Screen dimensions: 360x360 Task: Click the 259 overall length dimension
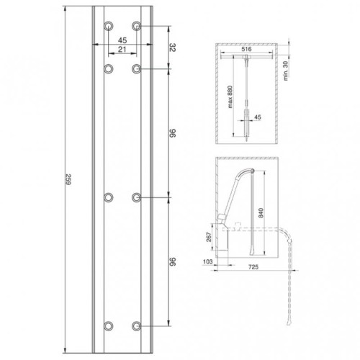[68, 179]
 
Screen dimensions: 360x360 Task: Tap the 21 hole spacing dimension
[122, 50]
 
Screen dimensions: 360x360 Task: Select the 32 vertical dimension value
[173, 48]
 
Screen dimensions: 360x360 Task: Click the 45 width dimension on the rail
[122, 40]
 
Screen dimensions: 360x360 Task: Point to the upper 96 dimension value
[173, 133]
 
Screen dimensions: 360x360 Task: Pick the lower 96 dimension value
[173, 261]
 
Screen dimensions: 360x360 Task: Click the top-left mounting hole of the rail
[109, 26]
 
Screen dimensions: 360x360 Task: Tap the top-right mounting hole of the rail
[137, 26]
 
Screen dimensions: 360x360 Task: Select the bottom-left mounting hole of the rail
[109, 326]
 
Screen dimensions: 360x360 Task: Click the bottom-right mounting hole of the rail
[137, 326]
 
